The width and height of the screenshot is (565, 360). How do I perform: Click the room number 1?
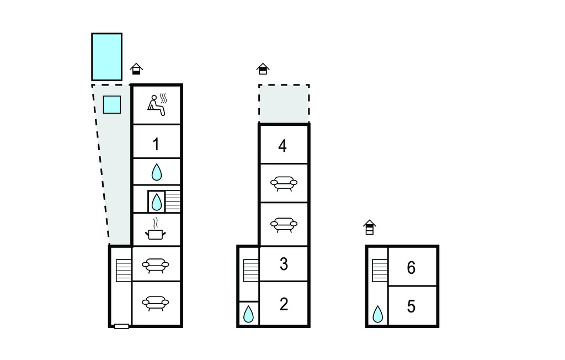(x=156, y=144)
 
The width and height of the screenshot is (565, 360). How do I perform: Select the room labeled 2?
(x=284, y=304)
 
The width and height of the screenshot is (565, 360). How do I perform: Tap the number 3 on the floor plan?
(x=284, y=264)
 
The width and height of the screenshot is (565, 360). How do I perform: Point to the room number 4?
(x=282, y=146)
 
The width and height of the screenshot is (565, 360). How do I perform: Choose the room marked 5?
(x=411, y=306)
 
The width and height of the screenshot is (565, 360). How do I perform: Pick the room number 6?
(x=411, y=268)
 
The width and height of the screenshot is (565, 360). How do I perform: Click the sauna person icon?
(x=157, y=104)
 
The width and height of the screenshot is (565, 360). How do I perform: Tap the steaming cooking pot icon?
(x=155, y=229)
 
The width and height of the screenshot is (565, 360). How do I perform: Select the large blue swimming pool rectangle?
(x=106, y=57)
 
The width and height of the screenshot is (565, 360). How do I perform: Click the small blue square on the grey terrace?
(x=111, y=104)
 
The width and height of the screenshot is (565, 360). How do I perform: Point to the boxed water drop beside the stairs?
(x=156, y=202)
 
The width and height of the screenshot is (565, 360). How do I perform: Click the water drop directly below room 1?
(x=156, y=172)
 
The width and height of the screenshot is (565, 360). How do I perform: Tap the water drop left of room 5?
(x=377, y=314)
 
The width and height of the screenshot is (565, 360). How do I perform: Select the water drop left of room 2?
(x=248, y=314)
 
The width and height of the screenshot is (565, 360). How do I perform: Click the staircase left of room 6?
(x=380, y=270)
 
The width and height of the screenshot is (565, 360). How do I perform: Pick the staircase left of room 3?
(x=251, y=270)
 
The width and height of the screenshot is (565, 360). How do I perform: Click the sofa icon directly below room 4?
(x=284, y=183)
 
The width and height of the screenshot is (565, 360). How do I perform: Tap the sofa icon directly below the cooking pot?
(x=155, y=265)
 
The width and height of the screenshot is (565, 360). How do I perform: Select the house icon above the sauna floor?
(x=136, y=68)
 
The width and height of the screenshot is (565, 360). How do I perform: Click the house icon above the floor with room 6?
(x=369, y=227)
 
